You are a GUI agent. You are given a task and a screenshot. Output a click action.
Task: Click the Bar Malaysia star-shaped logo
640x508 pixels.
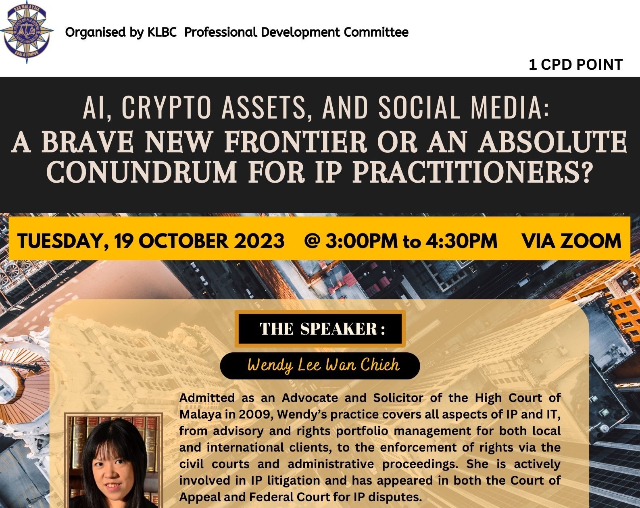tap(27, 32)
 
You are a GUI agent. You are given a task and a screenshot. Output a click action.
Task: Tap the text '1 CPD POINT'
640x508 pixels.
tap(576, 65)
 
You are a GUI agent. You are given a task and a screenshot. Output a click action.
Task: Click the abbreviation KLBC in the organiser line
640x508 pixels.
tap(162, 32)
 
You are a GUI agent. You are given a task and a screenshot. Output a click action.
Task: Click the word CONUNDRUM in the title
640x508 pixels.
tap(142, 172)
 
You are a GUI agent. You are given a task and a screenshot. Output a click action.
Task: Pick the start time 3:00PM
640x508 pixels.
tap(361, 241)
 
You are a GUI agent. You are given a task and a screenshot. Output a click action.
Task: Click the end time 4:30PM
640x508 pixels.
tap(461, 241)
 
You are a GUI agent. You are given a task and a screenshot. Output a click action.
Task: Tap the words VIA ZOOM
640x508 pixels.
tap(571, 241)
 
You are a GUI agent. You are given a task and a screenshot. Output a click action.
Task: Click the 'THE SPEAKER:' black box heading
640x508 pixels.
tap(320, 329)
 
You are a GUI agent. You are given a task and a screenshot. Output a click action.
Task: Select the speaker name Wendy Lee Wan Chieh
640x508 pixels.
tap(323, 365)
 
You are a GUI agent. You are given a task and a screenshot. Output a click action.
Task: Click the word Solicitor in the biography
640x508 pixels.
tap(398, 398)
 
